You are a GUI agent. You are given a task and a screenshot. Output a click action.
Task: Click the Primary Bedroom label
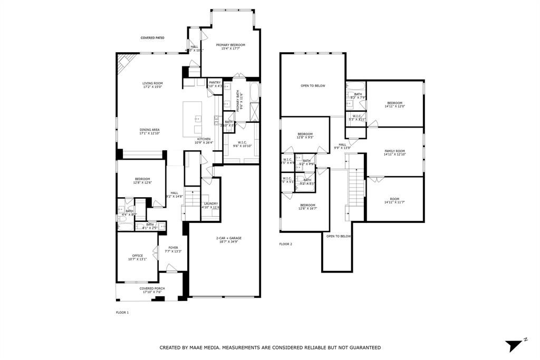230,45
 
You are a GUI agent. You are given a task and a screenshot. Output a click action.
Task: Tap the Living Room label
152,84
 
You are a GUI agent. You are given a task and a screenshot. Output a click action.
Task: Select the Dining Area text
150,130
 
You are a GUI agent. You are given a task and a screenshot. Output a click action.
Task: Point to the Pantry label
215,83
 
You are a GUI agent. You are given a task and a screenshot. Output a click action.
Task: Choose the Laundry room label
210,204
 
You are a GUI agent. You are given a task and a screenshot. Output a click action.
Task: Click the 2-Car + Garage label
229,238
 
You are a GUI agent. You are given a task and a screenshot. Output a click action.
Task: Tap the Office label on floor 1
137,256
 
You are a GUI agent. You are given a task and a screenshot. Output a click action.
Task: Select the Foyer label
173,248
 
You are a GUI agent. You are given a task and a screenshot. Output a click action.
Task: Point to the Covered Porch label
152,289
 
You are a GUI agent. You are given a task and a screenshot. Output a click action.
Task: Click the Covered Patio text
152,38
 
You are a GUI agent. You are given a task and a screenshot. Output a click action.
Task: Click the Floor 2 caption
285,244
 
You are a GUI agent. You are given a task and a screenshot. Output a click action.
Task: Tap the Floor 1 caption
122,313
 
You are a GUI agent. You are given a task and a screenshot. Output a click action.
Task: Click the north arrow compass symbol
513,345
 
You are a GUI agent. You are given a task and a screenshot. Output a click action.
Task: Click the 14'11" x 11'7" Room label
394,200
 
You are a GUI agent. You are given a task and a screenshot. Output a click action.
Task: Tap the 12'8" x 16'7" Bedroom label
307,206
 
